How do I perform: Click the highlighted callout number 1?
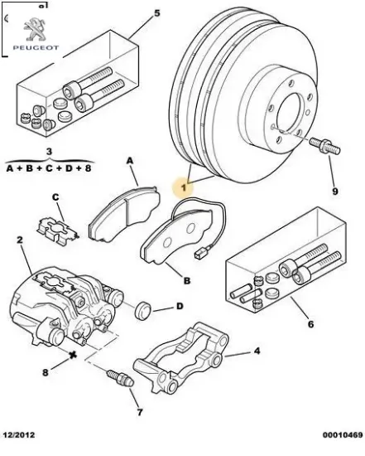click(184, 187)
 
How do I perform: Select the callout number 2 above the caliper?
click(20, 240)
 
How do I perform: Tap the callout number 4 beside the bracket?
click(257, 351)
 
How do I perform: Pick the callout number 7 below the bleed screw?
click(137, 412)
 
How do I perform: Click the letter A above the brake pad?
click(130, 161)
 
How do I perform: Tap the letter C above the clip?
click(55, 197)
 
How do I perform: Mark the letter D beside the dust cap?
click(178, 306)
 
